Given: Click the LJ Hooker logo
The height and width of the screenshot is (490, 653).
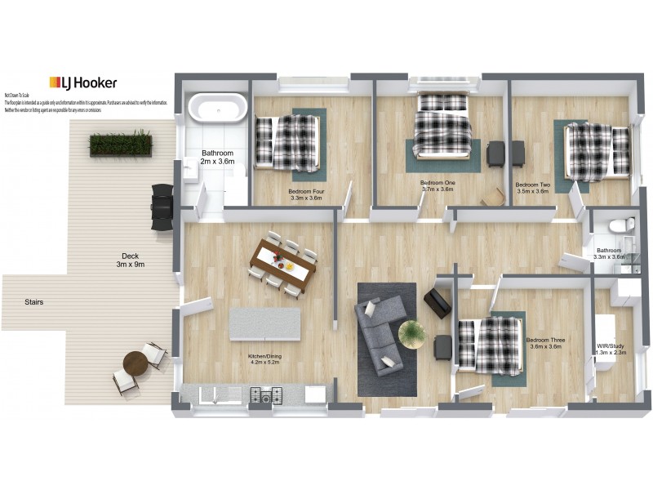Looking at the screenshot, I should (82, 82).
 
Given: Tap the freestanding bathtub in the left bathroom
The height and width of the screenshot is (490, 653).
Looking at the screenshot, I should (216, 108).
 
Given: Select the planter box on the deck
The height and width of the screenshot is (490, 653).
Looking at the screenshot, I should (121, 144).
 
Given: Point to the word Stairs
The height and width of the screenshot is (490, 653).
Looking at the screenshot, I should (33, 302).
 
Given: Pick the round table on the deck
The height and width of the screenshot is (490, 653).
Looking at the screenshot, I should (135, 363).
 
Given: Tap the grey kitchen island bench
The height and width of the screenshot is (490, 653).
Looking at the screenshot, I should (265, 323).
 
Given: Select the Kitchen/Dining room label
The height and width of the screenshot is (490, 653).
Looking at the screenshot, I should (264, 360).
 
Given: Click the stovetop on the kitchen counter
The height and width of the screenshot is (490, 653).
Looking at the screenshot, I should (265, 396).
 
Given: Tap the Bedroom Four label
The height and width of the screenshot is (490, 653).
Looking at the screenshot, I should (305, 195).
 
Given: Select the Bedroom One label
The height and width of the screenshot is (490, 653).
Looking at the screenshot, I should (438, 186).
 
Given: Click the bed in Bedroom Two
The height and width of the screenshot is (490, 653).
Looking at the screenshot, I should (597, 151).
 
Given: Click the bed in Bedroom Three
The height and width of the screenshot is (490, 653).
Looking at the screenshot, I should (491, 344).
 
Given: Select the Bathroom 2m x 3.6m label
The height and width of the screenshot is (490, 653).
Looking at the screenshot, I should (218, 157).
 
